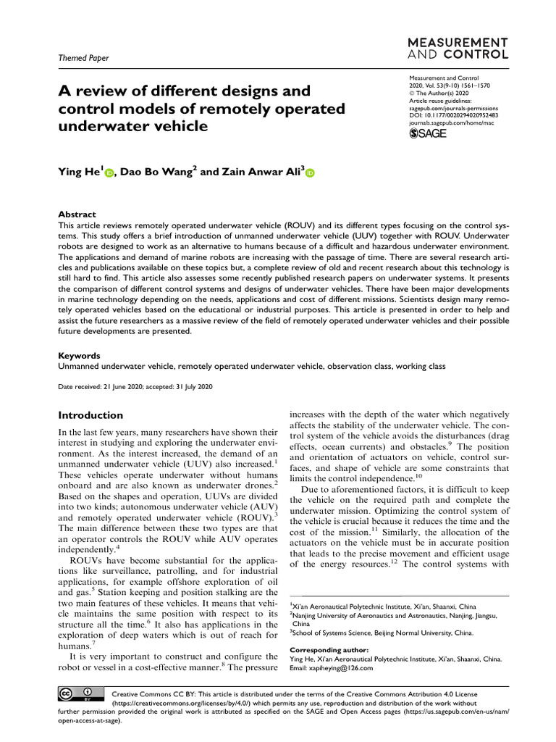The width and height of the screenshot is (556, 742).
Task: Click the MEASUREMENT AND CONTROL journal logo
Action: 459,49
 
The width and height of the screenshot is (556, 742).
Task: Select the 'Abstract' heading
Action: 77,214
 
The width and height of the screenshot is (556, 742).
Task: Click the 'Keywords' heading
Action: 79,356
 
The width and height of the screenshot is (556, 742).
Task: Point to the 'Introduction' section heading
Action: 90,415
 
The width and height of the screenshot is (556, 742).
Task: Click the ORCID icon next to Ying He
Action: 110,173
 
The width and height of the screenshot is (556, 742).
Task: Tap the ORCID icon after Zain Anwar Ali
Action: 311,173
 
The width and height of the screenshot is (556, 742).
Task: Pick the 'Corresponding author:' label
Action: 329,650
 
